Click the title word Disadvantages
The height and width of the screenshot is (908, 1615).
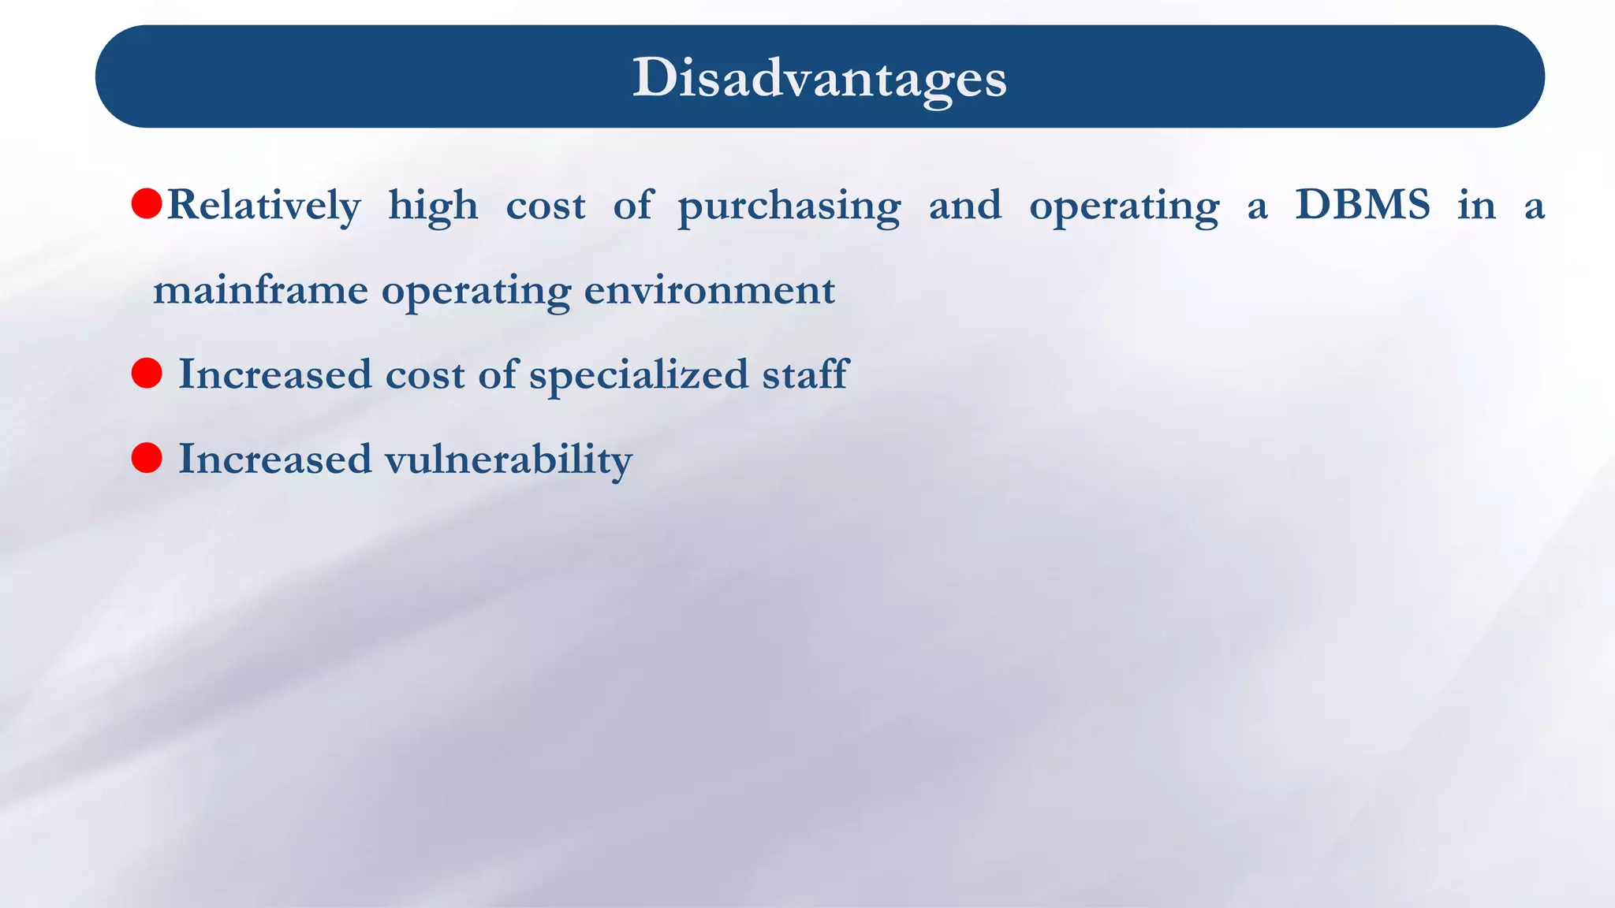pos(819,78)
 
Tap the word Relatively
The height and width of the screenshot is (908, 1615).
pos(264,206)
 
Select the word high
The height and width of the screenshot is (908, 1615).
pos(433,207)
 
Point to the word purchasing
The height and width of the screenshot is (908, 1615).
pos(789,207)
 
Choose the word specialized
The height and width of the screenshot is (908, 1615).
pos(638,374)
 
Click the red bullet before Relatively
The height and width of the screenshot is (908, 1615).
pos(147,203)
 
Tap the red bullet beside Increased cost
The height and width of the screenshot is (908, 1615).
pos(147,373)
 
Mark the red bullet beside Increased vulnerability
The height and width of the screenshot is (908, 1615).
pos(147,458)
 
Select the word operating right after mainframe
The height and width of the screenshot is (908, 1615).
pos(476,291)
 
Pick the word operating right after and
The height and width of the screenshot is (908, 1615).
pos(1124,207)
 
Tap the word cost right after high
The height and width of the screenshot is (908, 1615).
pos(546,207)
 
